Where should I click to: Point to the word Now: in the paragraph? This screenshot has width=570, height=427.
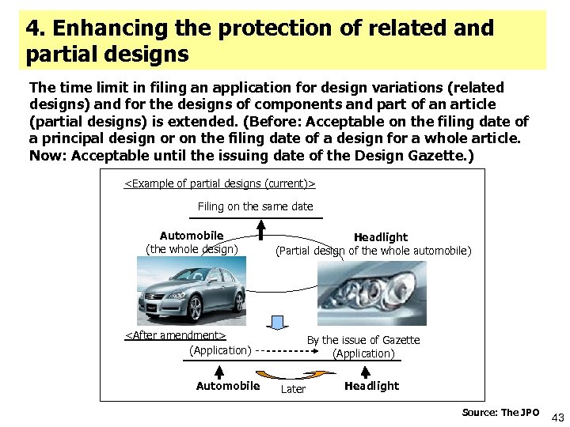47,156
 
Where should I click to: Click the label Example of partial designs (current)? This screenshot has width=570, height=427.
220,184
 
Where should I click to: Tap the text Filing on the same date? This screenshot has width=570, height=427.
255,206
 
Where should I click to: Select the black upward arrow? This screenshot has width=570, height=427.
260,228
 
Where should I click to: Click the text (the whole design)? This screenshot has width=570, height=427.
192,249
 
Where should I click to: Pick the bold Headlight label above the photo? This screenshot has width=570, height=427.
381,237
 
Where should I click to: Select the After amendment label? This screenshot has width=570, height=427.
175,335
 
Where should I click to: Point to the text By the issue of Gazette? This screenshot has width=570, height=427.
363,340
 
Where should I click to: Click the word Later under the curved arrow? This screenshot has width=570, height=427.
294,389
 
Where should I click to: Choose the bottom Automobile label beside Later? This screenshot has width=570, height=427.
227,386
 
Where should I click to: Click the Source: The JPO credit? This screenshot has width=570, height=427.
500,413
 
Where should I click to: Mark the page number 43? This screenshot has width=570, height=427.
557,417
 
